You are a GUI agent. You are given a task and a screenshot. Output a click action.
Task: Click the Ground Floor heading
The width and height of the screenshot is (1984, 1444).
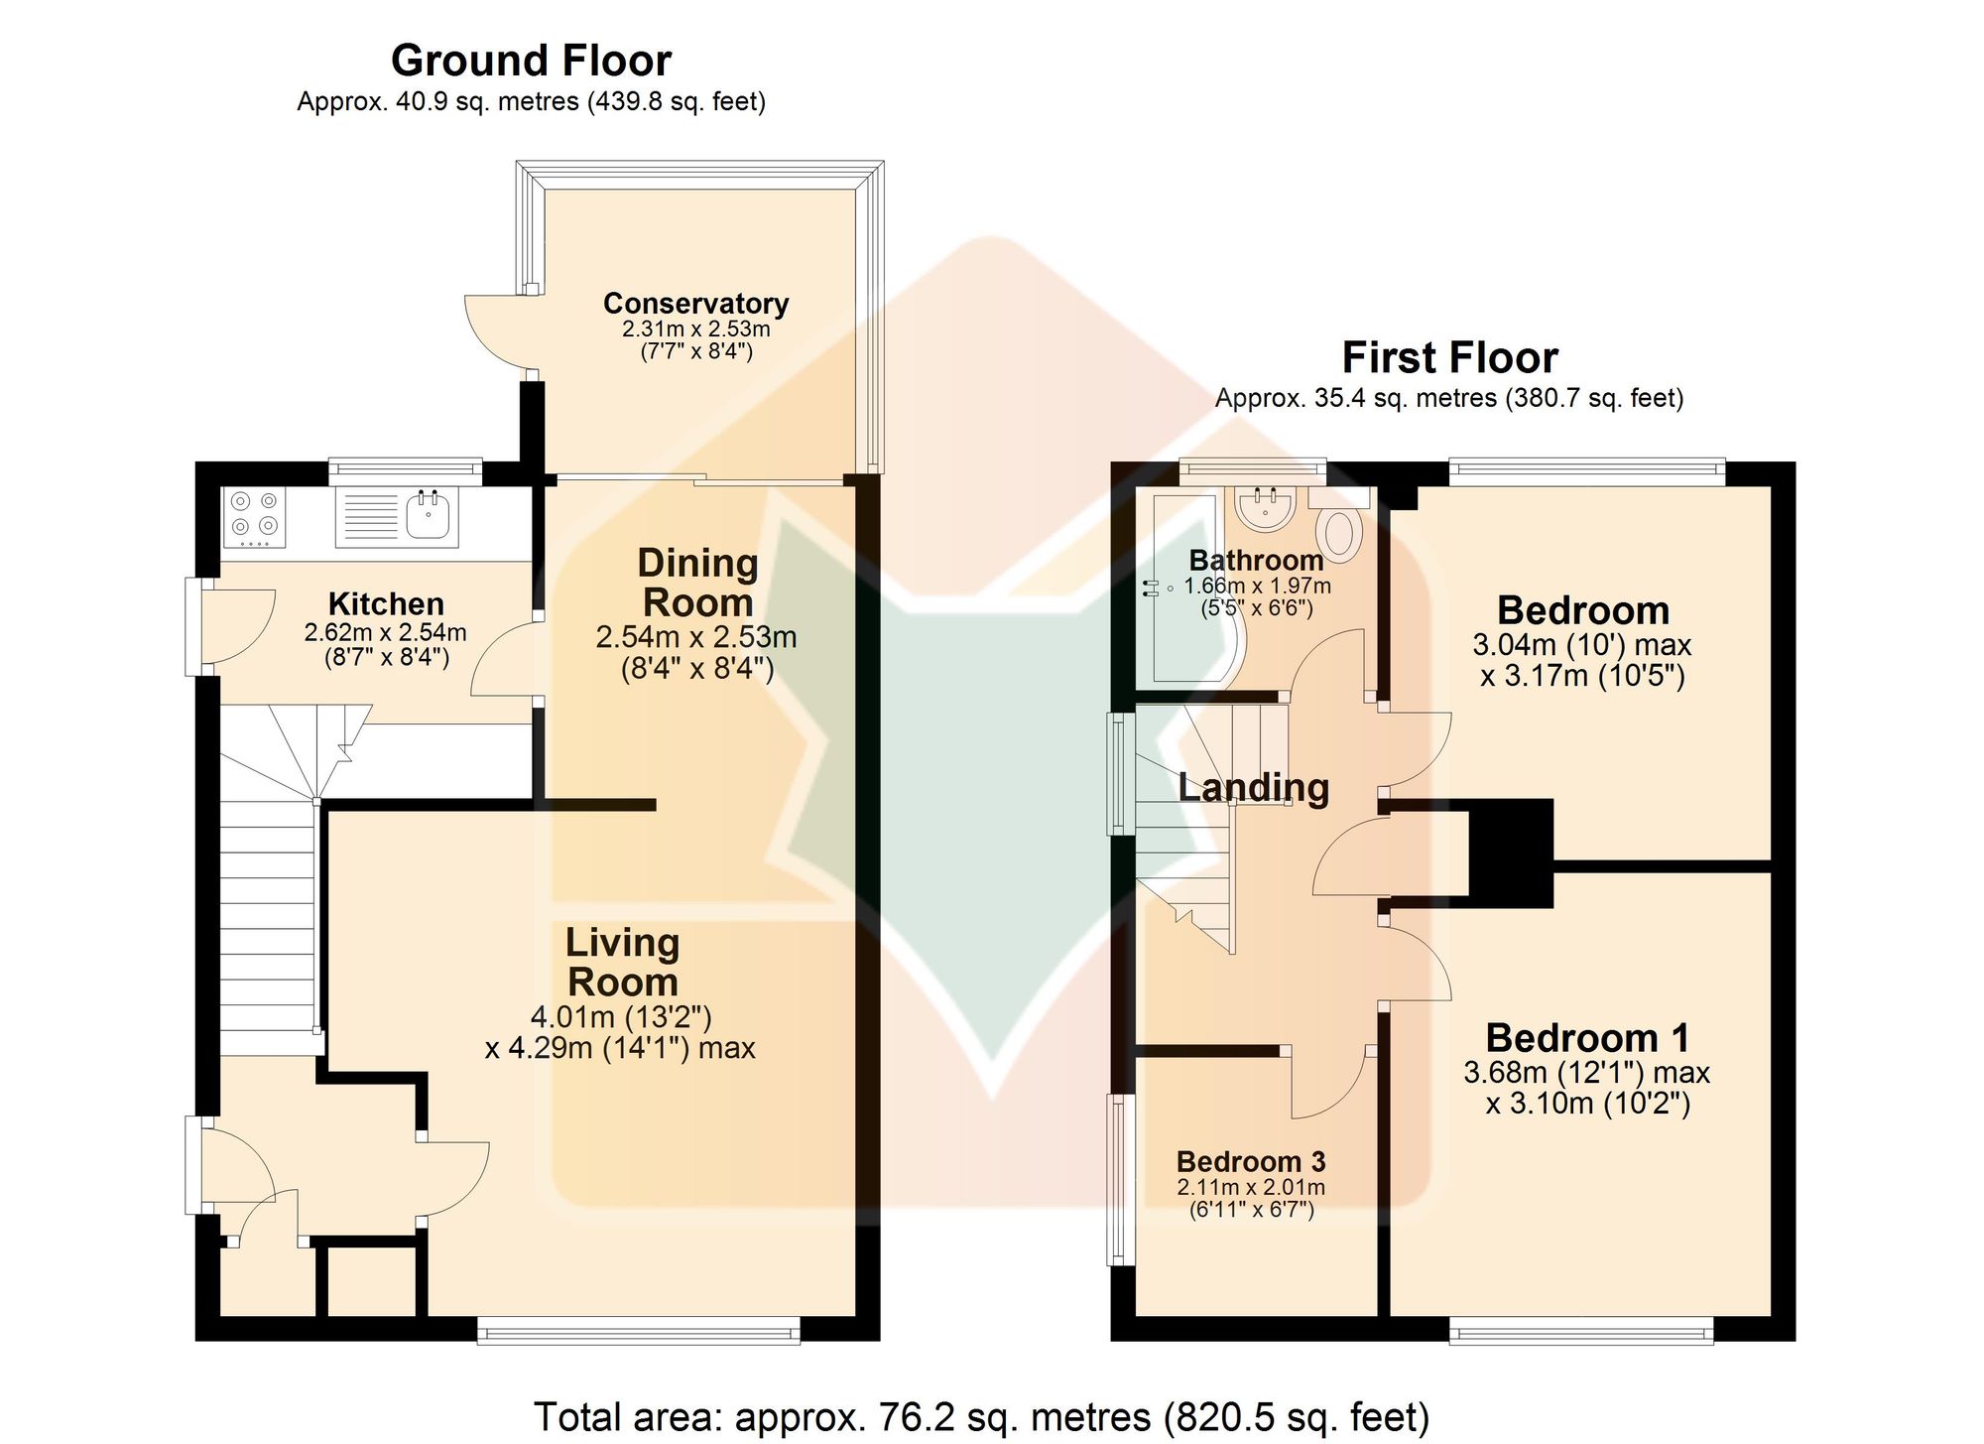(x=531, y=61)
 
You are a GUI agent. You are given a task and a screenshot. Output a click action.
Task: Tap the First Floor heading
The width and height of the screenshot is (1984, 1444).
(x=1449, y=357)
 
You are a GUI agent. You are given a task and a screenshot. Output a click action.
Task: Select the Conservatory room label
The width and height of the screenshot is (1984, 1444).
(x=696, y=303)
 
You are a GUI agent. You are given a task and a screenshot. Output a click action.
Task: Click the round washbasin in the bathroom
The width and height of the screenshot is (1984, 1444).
(x=1265, y=508)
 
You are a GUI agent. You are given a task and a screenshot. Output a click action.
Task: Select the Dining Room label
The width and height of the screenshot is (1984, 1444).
(x=697, y=583)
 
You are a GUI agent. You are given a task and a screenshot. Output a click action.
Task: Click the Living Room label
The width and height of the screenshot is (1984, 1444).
(x=622, y=962)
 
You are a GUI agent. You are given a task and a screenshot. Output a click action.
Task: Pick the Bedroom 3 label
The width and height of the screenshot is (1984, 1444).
(x=1251, y=1161)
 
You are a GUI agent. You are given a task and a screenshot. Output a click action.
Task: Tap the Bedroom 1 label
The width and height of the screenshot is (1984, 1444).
(x=1587, y=1038)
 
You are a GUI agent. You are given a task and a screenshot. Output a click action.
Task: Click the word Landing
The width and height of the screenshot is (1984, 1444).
(x=1253, y=788)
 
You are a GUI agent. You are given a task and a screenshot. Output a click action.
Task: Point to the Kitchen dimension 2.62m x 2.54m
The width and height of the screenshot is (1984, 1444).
(x=385, y=632)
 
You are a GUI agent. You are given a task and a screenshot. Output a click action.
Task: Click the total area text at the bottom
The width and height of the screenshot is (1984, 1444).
(x=981, y=1417)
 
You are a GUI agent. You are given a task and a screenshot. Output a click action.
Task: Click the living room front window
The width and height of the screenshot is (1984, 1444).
(x=639, y=1330)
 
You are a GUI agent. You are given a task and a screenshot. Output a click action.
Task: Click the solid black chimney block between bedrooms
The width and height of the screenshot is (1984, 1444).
(x=1510, y=853)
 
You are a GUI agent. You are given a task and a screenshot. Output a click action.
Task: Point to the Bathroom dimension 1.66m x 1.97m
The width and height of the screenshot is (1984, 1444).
(x=1257, y=586)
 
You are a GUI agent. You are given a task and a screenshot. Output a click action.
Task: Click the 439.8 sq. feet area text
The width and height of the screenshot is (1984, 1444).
(x=679, y=101)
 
